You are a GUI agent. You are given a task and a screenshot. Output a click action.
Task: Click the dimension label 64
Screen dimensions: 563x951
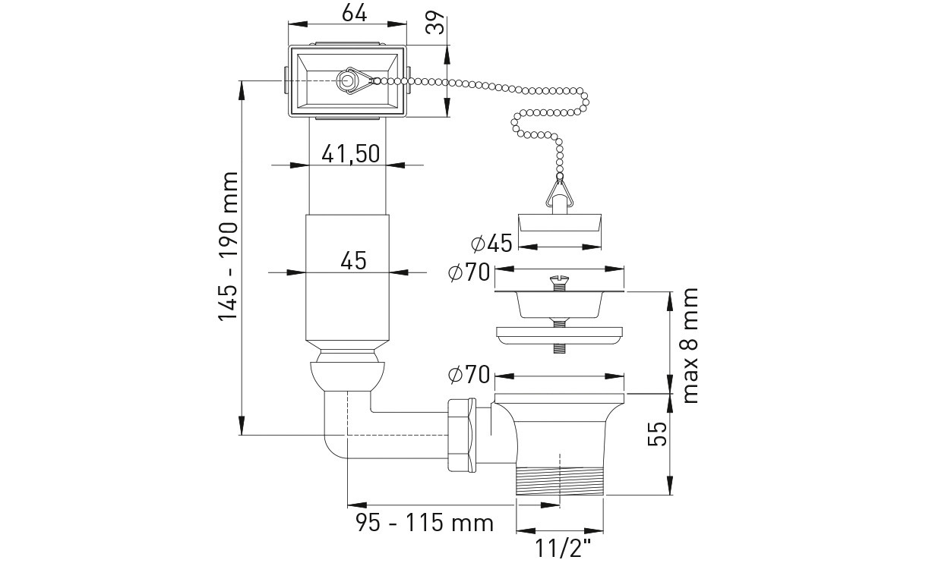354,13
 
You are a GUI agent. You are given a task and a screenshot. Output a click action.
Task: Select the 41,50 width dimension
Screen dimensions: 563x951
350,153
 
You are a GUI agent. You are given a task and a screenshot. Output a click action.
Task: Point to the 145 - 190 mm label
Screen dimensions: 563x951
229,247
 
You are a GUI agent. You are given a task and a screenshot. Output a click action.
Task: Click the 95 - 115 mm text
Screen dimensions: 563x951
425,523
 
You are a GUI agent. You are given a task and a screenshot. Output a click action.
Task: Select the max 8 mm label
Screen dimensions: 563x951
690,345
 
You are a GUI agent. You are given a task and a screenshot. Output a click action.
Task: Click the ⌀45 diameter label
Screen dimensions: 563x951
491,244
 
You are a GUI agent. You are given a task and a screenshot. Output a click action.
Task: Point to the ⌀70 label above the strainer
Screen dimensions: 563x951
469,273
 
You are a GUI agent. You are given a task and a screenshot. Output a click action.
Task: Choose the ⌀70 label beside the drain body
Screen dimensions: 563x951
469,374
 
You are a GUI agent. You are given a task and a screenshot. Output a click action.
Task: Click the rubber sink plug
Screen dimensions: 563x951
561,223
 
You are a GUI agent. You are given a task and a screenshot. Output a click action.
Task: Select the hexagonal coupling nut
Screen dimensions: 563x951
461,433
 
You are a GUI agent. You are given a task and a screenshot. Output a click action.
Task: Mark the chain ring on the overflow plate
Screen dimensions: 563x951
348,80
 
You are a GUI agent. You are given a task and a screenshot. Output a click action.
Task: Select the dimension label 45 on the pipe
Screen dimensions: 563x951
353,260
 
